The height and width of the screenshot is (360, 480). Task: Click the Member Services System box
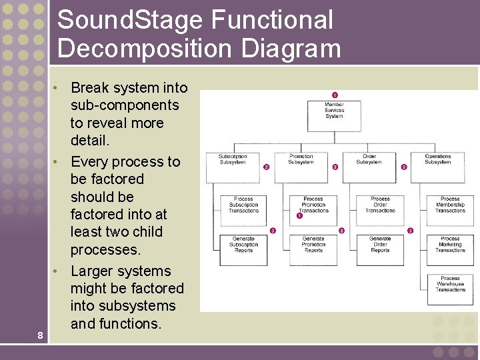tap(334, 115)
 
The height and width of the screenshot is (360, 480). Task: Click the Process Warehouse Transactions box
tap(450, 289)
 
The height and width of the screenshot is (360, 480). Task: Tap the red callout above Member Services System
tap(335, 95)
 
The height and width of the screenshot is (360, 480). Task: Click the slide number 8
tap(41, 335)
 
